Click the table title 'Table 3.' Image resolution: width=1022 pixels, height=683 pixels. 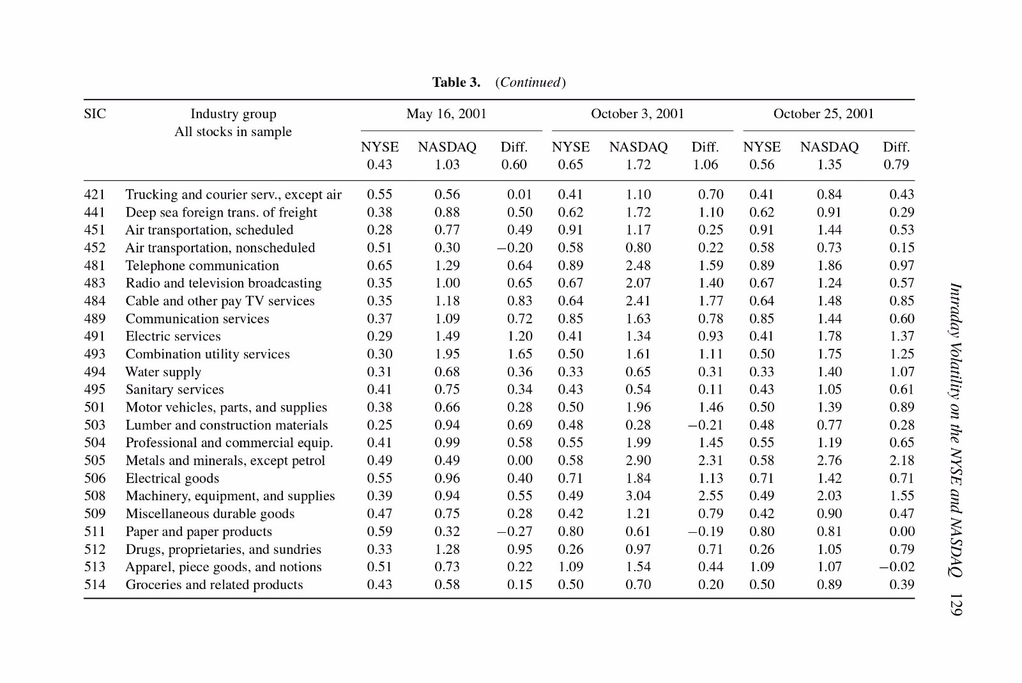456,82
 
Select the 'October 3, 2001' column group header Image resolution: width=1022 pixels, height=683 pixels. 637,114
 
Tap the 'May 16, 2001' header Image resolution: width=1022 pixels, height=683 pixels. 446,114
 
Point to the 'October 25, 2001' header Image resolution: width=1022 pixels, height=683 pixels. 823,114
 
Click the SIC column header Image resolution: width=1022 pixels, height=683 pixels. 95,114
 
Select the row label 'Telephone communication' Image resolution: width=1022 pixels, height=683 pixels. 202,266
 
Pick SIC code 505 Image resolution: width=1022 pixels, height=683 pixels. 95,461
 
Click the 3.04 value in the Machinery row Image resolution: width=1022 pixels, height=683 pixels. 638,496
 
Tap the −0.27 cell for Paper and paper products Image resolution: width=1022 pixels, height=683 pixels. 515,532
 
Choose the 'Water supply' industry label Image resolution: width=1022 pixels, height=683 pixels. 164,372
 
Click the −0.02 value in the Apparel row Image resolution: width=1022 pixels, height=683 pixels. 897,567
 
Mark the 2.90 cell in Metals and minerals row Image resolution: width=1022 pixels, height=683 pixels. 638,461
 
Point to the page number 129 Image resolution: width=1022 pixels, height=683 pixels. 956,604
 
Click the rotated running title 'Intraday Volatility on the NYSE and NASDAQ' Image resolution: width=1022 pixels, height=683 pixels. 956,430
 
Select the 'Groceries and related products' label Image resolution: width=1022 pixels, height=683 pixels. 214,585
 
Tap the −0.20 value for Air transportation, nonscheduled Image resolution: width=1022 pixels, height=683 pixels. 515,248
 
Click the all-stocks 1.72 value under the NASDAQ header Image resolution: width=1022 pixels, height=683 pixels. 638,164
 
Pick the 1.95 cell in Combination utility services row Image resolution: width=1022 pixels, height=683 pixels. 447,354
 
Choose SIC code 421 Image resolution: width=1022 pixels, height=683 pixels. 95,194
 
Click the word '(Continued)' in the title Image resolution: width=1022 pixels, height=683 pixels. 531,82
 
